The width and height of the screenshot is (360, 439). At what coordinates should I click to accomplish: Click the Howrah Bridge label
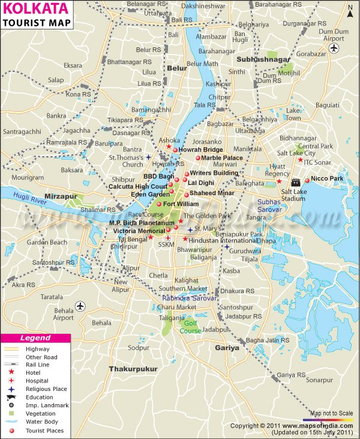(200, 150)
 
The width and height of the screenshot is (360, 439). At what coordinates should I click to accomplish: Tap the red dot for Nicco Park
(307, 180)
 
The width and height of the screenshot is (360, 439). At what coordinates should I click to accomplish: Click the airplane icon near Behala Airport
(80, 307)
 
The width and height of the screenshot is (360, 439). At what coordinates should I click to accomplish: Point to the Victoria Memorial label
(139, 231)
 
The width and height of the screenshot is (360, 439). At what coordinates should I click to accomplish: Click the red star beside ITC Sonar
(300, 160)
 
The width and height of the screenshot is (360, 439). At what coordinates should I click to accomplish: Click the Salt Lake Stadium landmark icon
(295, 182)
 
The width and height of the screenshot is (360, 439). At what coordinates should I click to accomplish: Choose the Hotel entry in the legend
(34, 372)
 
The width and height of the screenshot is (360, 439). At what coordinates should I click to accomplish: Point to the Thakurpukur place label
(133, 369)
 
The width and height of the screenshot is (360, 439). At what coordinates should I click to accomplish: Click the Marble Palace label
(222, 158)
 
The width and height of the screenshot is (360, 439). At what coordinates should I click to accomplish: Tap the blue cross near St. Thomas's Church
(148, 157)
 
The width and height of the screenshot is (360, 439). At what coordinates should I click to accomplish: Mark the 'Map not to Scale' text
(332, 413)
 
